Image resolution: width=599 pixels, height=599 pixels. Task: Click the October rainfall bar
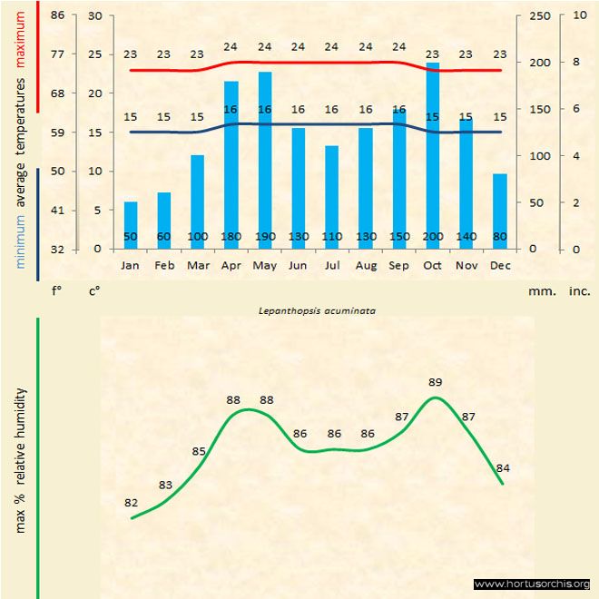[432, 154]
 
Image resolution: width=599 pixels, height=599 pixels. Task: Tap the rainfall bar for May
[265, 159]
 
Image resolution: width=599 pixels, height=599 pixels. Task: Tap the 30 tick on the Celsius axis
[96, 15]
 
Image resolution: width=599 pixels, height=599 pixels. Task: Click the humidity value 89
[435, 382]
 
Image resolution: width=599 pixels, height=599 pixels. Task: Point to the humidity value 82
[132, 502]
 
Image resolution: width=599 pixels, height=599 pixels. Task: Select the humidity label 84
[503, 467]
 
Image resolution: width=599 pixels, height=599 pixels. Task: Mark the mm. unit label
[539, 291]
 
